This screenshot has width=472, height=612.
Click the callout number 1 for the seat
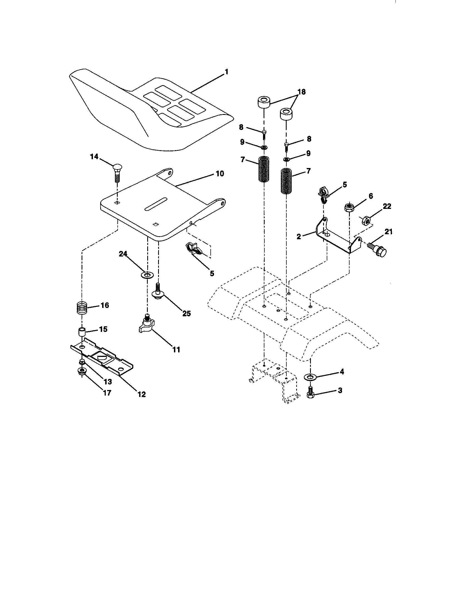tap(227, 72)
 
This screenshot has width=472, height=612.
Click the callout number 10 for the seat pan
tap(220, 174)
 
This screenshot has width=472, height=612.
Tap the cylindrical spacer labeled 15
tap(81, 333)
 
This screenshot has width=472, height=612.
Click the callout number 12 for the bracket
tap(142, 394)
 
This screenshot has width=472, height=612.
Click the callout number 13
tap(108, 382)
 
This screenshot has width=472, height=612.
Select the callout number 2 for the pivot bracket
tap(299, 237)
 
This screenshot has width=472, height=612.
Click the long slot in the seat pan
tap(156, 204)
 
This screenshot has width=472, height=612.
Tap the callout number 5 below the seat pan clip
tap(212, 273)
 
